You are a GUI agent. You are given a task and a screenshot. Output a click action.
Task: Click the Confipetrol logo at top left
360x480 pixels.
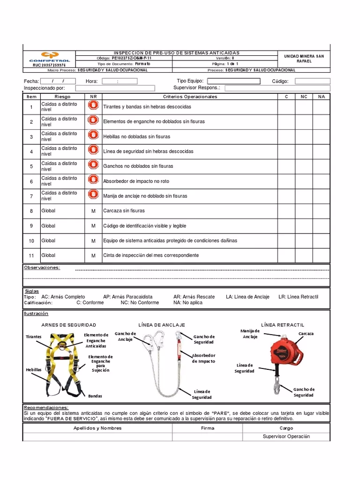(x=49, y=57)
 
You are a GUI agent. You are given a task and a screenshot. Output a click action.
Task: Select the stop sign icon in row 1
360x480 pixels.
(x=93, y=106)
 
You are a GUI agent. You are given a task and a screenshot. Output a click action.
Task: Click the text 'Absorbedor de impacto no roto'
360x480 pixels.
(x=136, y=181)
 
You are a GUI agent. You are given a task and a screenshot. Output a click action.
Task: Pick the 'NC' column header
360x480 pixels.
(x=304, y=97)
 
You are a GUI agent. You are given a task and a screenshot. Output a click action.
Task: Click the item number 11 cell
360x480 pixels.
(x=31, y=255)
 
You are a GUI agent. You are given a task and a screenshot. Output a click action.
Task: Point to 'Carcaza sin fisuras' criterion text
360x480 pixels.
(x=124, y=211)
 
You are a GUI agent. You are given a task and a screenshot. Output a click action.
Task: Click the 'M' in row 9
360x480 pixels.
(x=93, y=226)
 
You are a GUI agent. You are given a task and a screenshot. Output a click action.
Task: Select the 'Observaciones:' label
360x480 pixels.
(x=42, y=268)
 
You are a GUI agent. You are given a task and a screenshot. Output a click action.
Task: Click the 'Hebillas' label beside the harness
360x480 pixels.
(x=34, y=370)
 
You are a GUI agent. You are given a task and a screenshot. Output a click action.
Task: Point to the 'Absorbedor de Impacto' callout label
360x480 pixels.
(x=203, y=359)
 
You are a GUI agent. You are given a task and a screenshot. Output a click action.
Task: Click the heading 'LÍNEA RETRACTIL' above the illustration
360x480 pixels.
(x=282, y=325)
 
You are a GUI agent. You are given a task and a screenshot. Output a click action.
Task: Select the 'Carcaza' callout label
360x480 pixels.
(x=306, y=334)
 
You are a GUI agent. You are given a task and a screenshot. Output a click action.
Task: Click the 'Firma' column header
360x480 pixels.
(x=207, y=428)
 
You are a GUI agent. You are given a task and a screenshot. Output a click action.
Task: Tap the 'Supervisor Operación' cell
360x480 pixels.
(x=286, y=436)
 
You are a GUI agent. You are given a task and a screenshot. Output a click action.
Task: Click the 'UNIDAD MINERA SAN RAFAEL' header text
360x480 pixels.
(x=304, y=59)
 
